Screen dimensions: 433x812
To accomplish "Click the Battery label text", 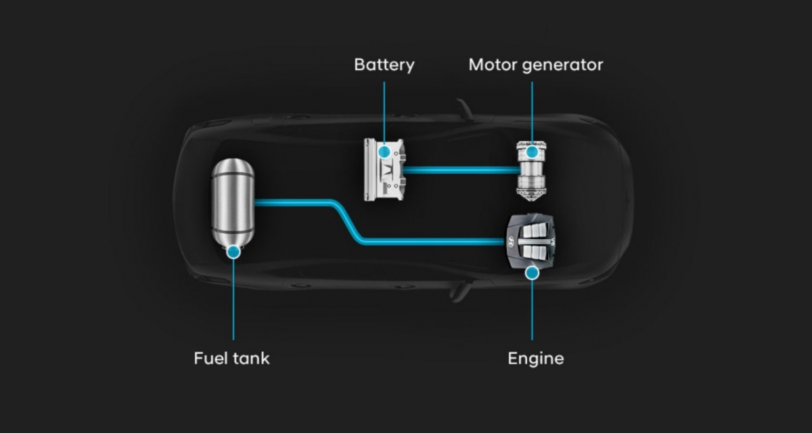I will tap(384, 65).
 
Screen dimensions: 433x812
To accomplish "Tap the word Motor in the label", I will tap(492, 65).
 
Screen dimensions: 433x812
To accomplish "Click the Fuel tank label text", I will tap(231, 358).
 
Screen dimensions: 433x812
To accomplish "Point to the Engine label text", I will tap(535, 358).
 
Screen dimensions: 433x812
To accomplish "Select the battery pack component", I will tap(384, 170).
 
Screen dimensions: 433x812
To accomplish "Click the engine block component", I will tap(533, 241).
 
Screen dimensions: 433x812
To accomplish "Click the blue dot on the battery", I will tap(384, 151).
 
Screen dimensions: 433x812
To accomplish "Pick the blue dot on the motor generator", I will tap(532, 152).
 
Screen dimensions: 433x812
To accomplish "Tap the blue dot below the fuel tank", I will tap(233, 252).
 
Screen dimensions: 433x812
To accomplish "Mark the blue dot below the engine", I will tap(532, 273).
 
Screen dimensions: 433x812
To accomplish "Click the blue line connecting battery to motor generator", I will tap(460, 170).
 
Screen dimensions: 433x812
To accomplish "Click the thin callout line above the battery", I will tap(384, 108).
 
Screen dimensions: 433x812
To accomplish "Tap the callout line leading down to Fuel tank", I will tap(233, 298).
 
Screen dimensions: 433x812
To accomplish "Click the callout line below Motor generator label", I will tap(532, 112).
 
